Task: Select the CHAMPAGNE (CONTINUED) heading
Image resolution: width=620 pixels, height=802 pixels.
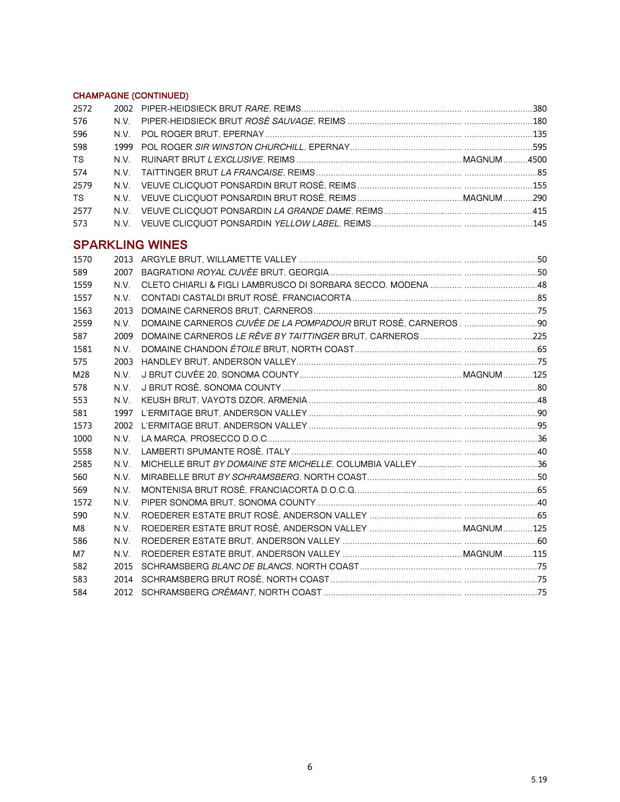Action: point(130,96)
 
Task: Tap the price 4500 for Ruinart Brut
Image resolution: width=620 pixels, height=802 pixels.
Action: point(537,160)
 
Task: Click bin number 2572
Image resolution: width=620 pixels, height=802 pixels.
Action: point(82,109)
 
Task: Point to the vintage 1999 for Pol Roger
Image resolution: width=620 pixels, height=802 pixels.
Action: point(123,147)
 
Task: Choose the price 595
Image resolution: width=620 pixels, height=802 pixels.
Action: point(540,147)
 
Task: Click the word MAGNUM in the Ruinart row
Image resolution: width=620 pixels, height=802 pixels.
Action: point(483,160)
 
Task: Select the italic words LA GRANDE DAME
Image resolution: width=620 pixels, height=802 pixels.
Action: point(312,211)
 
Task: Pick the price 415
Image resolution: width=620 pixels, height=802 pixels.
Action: point(540,211)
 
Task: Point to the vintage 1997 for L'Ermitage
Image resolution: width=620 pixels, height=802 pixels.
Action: point(123,413)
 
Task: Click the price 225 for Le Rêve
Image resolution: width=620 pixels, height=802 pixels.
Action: point(540,336)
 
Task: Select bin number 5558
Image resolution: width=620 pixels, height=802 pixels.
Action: point(82,452)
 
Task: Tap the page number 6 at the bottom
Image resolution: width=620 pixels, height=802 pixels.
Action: point(310,767)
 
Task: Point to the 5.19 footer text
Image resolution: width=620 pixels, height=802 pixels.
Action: point(539,779)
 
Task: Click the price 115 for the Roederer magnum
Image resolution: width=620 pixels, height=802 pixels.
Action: point(540,554)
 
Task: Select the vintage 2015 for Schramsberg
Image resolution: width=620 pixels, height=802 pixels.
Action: point(123,566)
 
